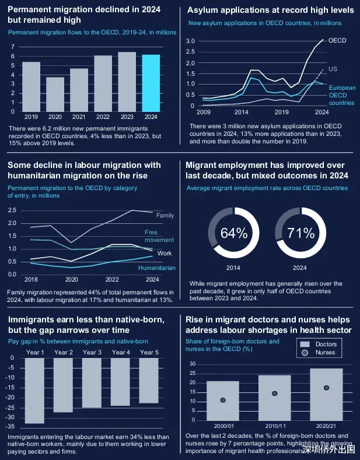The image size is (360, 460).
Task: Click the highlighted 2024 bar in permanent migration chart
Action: tap(151, 83)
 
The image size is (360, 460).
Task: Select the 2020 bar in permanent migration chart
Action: tap(55, 94)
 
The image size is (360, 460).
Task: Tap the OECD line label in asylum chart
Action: tap(337, 41)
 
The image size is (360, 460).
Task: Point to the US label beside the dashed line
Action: tap(333, 69)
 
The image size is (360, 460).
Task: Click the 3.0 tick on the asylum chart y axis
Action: tap(190, 41)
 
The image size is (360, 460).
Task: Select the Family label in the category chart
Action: tap(165, 216)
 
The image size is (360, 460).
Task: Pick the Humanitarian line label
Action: tap(156, 268)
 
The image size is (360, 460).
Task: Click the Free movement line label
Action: tap(159, 236)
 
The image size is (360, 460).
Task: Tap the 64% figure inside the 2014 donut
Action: tap(234, 233)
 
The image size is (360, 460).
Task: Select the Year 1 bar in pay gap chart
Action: tap(35, 390)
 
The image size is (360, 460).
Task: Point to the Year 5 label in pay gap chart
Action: tap(149, 352)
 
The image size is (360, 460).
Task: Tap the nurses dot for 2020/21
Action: tap(326, 388)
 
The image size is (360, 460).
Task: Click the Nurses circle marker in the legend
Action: tap(305, 353)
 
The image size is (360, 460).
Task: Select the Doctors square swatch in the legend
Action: tap(305, 344)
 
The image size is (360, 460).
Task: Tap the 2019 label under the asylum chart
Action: tap(282, 111)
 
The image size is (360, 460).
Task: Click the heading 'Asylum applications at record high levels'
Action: tap(270, 10)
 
